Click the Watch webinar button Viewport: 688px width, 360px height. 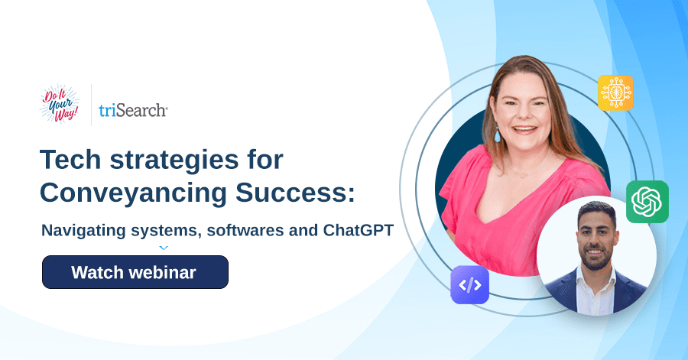pyautogui.click(x=135, y=272)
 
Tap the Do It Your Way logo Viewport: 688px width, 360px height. pyautogui.click(x=60, y=105)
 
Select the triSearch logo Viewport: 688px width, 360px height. pyautogui.click(x=133, y=110)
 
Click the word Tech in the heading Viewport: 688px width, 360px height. pyautogui.click(x=70, y=160)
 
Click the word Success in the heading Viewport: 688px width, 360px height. pyautogui.click(x=295, y=193)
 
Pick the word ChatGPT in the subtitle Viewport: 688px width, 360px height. pyautogui.click(x=358, y=230)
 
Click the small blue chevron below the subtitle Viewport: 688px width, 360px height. pyautogui.click(x=164, y=248)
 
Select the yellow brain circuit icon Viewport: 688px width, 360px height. pyautogui.click(x=615, y=93)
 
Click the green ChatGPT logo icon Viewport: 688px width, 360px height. pyautogui.click(x=647, y=202)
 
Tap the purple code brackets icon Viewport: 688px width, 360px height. pyautogui.click(x=469, y=285)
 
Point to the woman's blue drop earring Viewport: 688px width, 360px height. pyautogui.click(x=497, y=135)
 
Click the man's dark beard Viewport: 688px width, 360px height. pyautogui.click(x=596, y=258)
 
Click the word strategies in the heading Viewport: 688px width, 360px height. pyautogui.click(x=174, y=161)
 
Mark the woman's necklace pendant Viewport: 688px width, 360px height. pyautogui.click(x=523, y=175)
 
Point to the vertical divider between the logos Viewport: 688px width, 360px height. pyautogui.click(x=91, y=105)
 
